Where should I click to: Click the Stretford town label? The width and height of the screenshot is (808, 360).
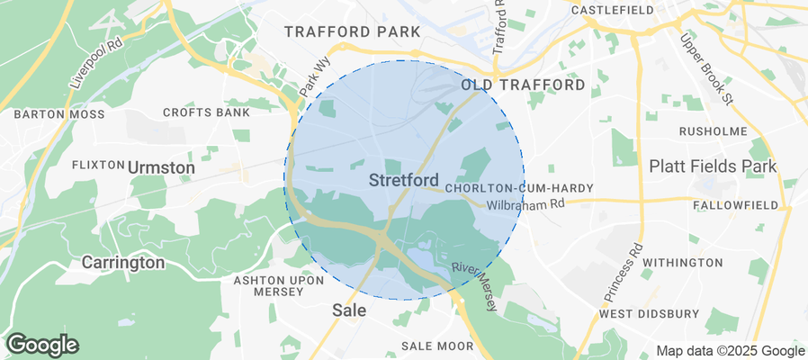404,180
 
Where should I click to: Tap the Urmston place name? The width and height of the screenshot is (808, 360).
161,167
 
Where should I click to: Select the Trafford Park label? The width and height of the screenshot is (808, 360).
352,32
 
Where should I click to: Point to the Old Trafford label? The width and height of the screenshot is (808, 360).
523,85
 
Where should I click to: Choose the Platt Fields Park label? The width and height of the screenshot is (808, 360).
714,167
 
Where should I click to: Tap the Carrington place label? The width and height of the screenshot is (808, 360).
123,263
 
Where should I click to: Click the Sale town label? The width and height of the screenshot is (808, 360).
349,309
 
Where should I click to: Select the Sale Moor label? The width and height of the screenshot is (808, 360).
437,346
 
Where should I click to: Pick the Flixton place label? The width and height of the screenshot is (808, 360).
97,166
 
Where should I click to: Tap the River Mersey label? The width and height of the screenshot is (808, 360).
475,287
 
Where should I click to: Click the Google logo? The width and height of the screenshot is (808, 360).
42,344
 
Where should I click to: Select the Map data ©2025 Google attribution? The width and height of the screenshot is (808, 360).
730,351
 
